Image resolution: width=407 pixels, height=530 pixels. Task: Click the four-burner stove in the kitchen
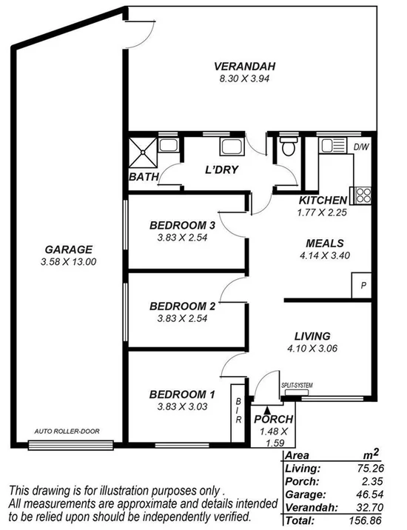[x=363, y=195]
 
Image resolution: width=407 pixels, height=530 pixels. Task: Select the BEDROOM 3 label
[x=182, y=225]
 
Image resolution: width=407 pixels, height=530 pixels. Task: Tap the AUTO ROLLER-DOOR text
[x=67, y=431]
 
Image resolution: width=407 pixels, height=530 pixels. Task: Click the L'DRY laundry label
[x=221, y=170]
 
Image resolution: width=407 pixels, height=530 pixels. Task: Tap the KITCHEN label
[x=323, y=201]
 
